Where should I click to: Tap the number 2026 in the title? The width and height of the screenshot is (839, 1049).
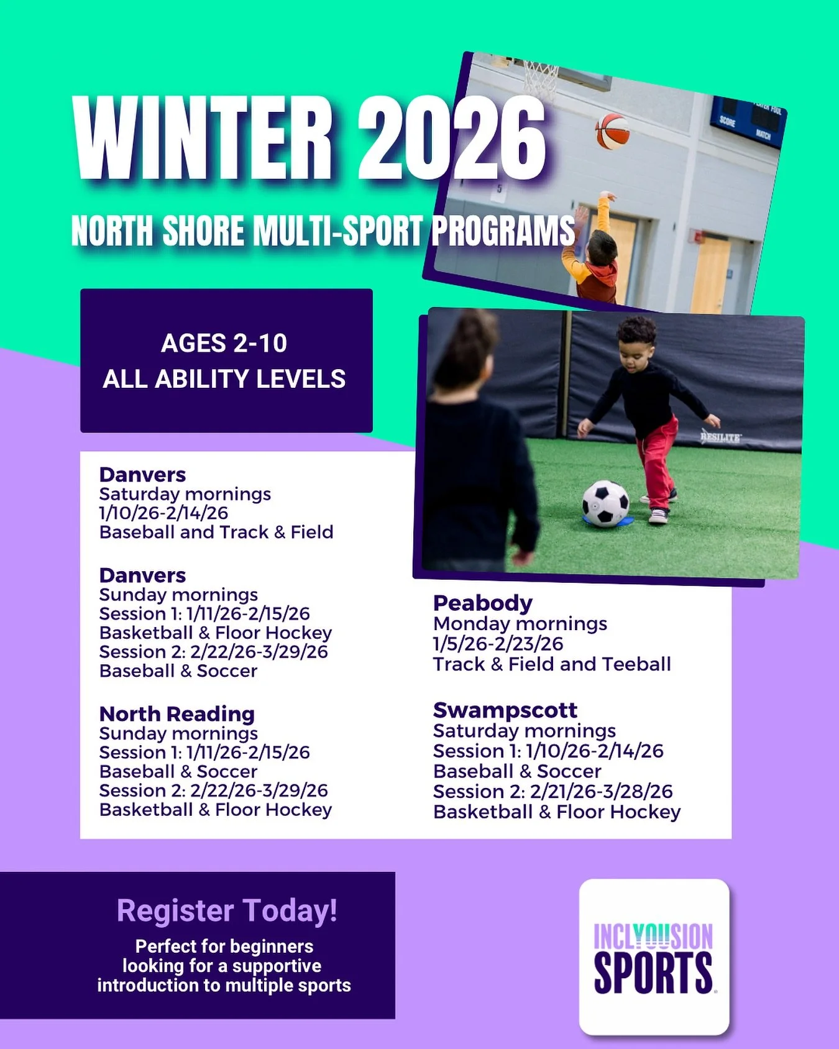click(x=452, y=138)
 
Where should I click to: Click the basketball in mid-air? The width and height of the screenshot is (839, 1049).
click(x=612, y=131)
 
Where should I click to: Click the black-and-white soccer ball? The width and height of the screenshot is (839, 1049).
click(x=605, y=503)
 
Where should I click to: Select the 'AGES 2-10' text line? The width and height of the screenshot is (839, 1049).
click(x=224, y=343)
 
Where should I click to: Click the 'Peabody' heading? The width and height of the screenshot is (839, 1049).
click(x=483, y=603)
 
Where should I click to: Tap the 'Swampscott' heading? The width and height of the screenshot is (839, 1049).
click(x=505, y=710)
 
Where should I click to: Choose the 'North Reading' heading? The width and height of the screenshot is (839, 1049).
click(x=177, y=713)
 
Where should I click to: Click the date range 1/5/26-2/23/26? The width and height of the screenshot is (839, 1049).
click(x=498, y=643)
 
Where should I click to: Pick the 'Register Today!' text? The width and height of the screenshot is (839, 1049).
click(x=227, y=910)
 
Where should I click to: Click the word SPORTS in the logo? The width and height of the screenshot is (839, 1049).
click(x=653, y=973)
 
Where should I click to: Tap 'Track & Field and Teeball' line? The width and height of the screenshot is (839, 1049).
click(x=552, y=664)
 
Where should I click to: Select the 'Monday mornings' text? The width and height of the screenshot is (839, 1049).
click(x=520, y=623)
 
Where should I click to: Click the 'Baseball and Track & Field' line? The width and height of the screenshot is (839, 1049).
click(x=216, y=532)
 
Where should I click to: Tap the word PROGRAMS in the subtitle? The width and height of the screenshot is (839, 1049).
click(x=503, y=231)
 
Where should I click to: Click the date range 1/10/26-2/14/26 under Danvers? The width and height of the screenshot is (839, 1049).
click(x=163, y=513)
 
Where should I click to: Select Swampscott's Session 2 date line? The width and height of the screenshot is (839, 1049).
click(x=553, y=791)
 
